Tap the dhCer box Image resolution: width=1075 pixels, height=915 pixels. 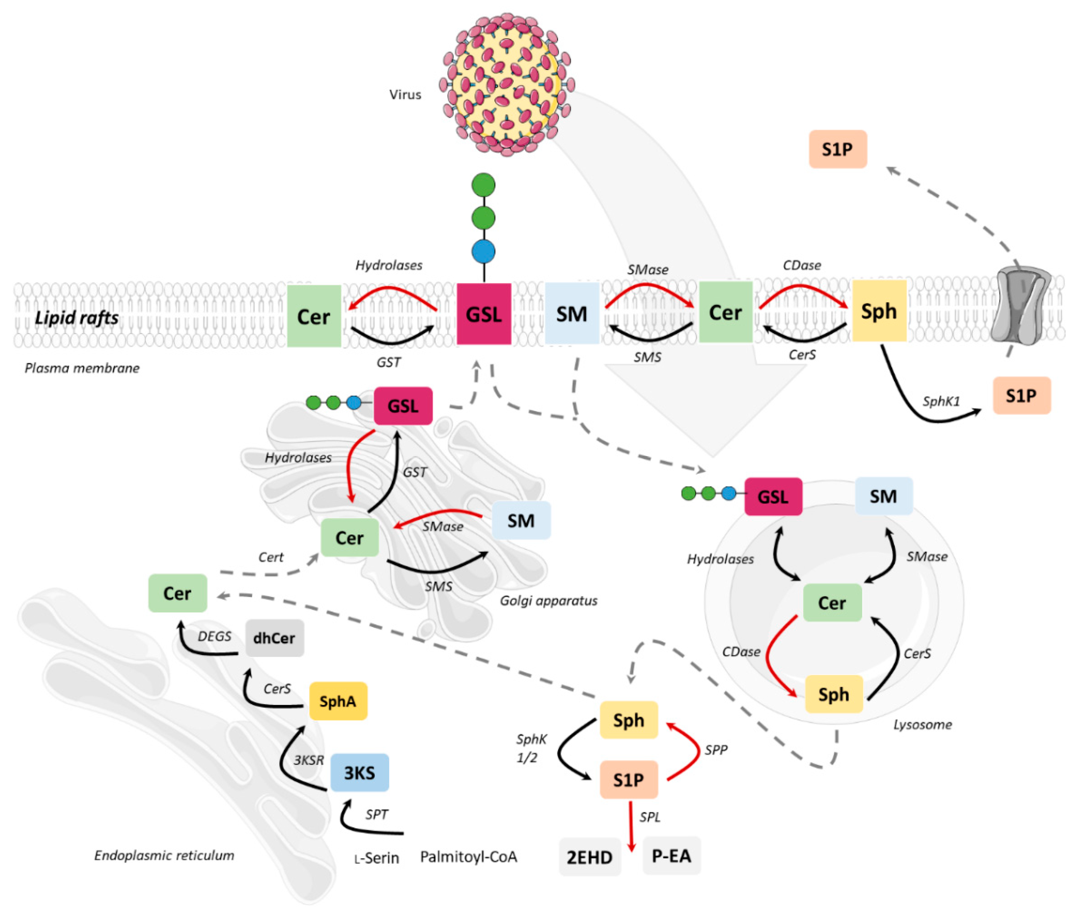pos(274,638)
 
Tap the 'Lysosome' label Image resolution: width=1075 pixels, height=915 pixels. pos(922,724)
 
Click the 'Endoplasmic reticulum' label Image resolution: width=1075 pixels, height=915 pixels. pos(164,855)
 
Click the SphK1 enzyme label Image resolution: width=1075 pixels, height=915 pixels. pos(941,401)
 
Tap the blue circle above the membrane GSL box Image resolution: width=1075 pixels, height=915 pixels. pos(483,252)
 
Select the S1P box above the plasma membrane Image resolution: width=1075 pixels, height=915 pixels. pos(837,149)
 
